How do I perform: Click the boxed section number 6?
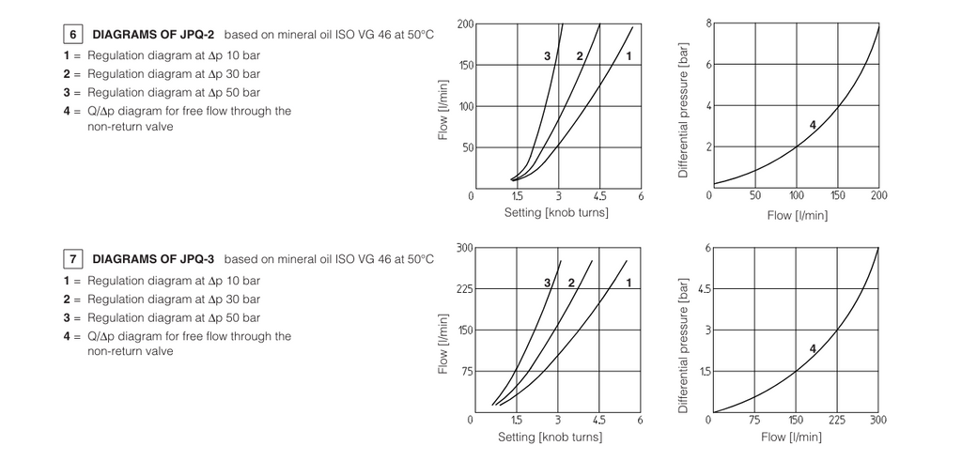pyautogui.click(x=72, y=35)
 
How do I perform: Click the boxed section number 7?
pyautogui.click(x=72, y=259)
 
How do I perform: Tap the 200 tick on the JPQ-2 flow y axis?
pyautogui.click(x=465, y=23)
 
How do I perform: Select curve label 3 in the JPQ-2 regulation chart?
pyautogui.click(x=547, y=57)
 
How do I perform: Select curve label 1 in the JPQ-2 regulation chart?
pyautogui.click(x=628, y=57)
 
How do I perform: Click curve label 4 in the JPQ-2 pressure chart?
pyautogui.click(x=812, y=125)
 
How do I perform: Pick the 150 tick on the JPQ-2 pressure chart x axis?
pyautogui.click(x=838, y=195)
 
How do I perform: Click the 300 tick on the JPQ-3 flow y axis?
pyautogui.click(x=465, y=248)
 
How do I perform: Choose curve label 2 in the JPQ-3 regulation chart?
pyautogui.click(x=571, y=283)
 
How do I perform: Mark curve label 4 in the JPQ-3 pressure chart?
pyautogui.click(x=812, y=348)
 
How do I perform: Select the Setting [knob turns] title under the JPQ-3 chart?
pyautogui.click(x=550, y=437)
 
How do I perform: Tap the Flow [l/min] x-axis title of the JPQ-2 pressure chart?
pyautogui.click(x=797, y=214)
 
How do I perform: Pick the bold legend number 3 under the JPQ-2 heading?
pyautogui.click(x=67, y=93)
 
